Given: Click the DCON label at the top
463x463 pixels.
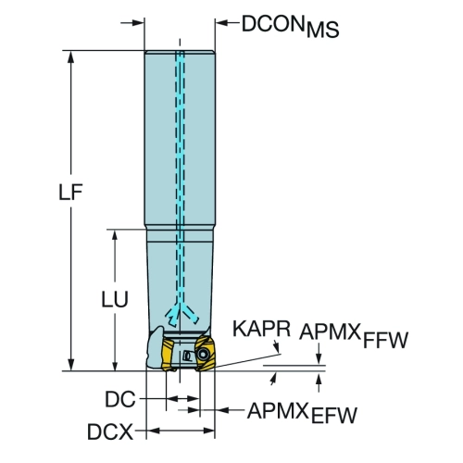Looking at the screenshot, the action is click(272, 24).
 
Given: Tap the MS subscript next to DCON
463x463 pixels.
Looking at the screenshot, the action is click(323, 30).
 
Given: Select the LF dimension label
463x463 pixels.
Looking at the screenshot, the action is click(70, 192).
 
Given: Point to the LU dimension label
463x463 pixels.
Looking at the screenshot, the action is click(115, 299).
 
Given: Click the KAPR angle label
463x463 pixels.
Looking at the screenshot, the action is click(261, 329).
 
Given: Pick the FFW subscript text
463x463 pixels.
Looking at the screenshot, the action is click(385, 340).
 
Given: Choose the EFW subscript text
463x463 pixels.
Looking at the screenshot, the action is click(334, 415).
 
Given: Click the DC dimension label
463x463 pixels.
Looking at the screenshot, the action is click(120, 399).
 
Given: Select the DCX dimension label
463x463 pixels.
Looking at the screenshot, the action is click(110, 432).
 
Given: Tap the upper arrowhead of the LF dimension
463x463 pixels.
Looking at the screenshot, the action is click(70, 57).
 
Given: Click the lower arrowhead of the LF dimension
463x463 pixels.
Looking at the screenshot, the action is click(70, 364).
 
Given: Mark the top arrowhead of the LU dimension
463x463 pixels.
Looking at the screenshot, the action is click(115, 236).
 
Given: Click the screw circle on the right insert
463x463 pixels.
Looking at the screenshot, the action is click(203, 354).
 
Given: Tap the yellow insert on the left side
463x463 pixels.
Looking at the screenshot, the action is click(168, 355).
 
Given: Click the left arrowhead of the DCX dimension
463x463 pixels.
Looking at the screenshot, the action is click(153, 431).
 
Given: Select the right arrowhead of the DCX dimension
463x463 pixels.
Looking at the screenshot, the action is click(208, 431).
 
